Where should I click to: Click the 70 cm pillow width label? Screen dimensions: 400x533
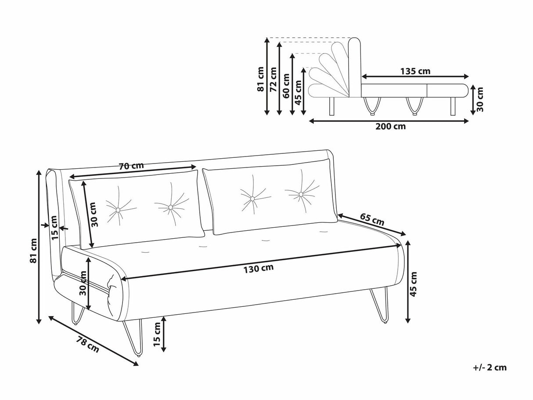coord(131,166)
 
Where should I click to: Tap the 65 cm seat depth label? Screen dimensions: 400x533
coord(372,219)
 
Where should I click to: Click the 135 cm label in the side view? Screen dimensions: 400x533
coord(415,71)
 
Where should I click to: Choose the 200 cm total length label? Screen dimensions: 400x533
coord(390,127)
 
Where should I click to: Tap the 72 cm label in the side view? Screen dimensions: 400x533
coord(274,79)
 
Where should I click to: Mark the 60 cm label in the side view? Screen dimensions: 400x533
coord(286,86)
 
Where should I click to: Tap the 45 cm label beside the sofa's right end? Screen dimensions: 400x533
coord(413,284)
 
